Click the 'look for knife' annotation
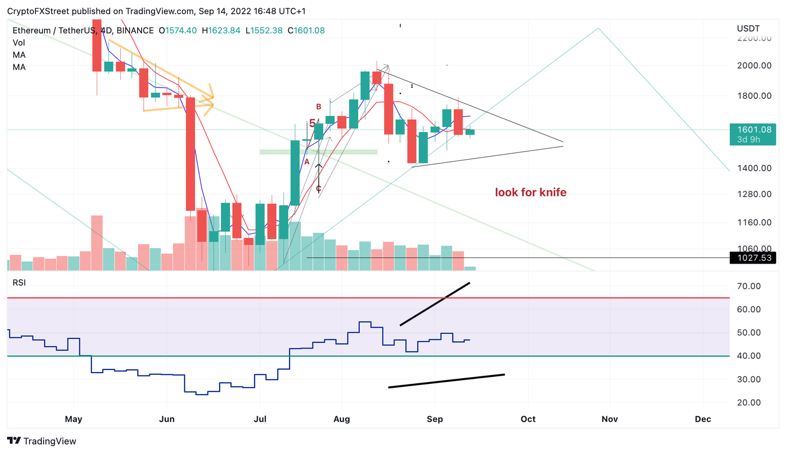pyautogui.click(x=531, y=192)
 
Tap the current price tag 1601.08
pyautogui.click(x=754, y=130)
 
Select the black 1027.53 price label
pyautogui.click(x=754, y=258)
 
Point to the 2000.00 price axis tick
pyautogui.click(x=754, y=66)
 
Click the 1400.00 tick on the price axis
pyautogui.click(x=754, y=168)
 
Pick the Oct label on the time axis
pyautogui.click(x=528, y=419)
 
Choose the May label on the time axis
pyautogui.click(x=74, y=419)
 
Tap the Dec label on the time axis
pyautogui.click(x=703, y=419)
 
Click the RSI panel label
pyautogui.click(x=19, y=283)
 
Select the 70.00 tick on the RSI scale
pyautogui.click(x=749, y=286)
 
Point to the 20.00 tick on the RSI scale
pyautogui.click(x=749, y=403)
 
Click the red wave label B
pyautogui.click(x=319, y=107)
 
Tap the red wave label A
pyautogui.click(x=307, y=162)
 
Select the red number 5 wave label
pyautogui.click(x=312, y=123)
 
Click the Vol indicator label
pyautogui.click(x=19, y=43)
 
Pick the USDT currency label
pyautogui.click(x=748, y=29)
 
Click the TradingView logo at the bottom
pyautogui.click(x=42, y=441)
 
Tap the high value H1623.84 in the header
pyautogui.click(x=221, y=31)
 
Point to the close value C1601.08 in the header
pyautogui.click(x=306, y=31)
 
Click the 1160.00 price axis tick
pyautogui.click(x=754, y=223)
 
